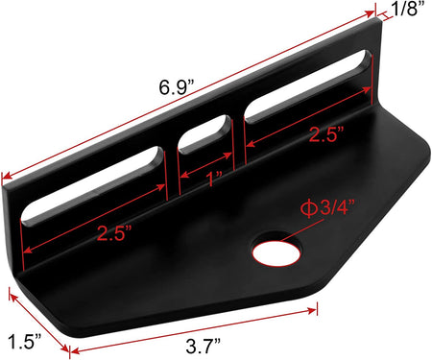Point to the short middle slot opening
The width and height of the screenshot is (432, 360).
[x=204, y=135]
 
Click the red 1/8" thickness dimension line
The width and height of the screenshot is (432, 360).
[x=381, y=12]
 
